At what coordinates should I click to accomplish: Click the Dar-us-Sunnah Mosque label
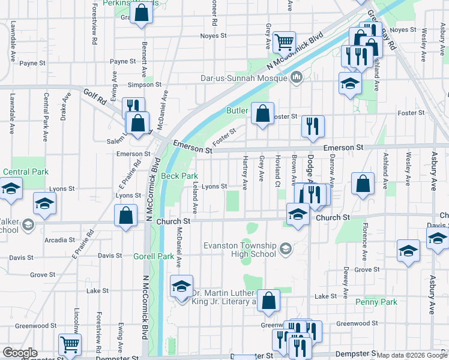(245, 78)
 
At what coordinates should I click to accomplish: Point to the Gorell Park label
(154, 256)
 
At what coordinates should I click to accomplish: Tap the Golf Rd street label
(94, 94)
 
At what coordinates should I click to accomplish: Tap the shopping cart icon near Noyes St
(284, 43)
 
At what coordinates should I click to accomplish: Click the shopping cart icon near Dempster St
(70, 345)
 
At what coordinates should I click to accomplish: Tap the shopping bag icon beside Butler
(262, 113)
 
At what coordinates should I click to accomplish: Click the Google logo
(20, 353)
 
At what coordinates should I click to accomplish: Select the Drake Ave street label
(64, 106)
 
